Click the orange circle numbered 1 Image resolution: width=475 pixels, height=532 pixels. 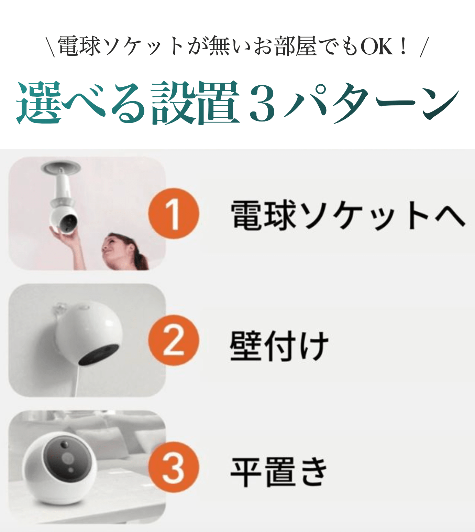click(x=173, y=213)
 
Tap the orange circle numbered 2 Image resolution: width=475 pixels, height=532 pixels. click(x=173, y=340)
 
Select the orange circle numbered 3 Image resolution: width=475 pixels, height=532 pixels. click(x=173, y=467)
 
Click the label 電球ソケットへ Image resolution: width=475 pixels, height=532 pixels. click(x=348, y=215)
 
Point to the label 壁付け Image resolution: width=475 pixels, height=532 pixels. click(x=279, y=345)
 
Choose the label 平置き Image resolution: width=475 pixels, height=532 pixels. click(x=279, y=472)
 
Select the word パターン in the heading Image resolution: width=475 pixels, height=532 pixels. click(x=372, y=103)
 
